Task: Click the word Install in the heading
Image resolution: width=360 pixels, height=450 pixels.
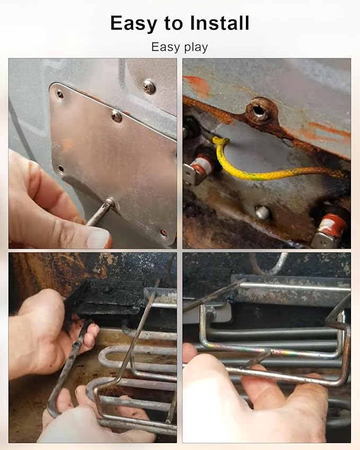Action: (219, 23)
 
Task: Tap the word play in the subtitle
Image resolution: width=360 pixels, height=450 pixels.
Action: (196, 47)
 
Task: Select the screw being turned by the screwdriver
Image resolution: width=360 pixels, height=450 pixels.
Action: (109, 202)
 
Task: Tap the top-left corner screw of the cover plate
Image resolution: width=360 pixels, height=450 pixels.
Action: (60, 94)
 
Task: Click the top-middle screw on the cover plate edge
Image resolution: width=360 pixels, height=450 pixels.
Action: (117, 116)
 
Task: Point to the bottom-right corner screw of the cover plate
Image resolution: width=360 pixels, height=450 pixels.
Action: (164, 232)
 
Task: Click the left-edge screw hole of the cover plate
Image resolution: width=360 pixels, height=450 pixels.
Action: (61, 169)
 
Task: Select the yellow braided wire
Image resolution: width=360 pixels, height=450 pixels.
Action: (273, 164)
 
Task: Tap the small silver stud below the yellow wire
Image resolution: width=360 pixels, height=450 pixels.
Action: (262, 213)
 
